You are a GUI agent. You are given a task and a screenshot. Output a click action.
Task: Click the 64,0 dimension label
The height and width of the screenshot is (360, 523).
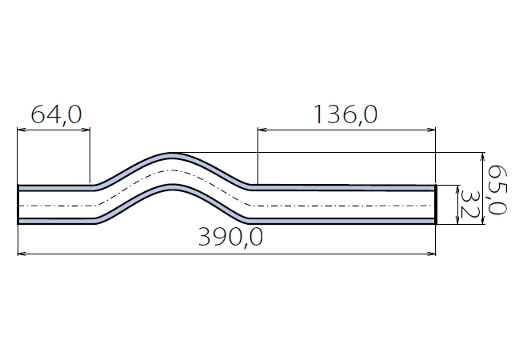click(x=56, y=114)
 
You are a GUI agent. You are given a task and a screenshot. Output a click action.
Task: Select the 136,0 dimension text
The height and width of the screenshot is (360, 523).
click(x=346, y=114)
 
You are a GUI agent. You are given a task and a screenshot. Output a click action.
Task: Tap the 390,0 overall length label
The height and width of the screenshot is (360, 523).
click(x=230, y=237)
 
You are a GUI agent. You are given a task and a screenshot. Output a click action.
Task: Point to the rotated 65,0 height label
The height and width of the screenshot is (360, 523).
click(x=497, y=190)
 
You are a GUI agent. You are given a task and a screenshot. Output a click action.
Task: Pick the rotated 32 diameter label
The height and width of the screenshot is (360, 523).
click(x=469, y=204)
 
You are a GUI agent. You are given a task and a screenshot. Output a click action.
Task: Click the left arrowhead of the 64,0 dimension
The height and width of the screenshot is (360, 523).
click(x=21, y=130)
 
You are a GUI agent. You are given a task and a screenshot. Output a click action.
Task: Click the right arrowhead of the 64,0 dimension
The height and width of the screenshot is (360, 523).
click(x=86, y=130)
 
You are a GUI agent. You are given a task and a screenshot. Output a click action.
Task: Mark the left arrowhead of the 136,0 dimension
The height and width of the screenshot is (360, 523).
click(x=261, y=130)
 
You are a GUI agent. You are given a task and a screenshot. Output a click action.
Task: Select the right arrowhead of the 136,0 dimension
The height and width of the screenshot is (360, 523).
click(x=432, y=130)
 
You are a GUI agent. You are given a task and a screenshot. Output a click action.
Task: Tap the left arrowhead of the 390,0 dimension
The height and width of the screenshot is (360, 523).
click(x=22, y=254)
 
